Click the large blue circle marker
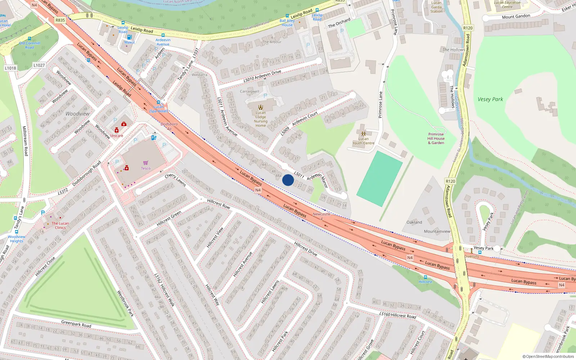[x=288, y=180]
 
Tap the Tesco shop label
[x=145, y=168]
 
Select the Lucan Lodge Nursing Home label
[x=261, y=119]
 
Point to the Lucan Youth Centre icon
[x=363, y=134]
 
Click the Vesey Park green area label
[x=490, y=99]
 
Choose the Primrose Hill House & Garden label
[x=436, y=139]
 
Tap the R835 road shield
[x=60, y=20]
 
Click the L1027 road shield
[x=39, y=65]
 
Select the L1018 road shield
[x=10, y=68]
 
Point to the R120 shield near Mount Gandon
[x=468, y=28]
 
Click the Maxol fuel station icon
[x=129, y=37]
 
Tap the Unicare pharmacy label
[x=116, y=136]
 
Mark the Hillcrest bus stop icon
[x=425, y=277]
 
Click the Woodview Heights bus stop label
[x=17, y=239]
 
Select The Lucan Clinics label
[x=60, y=225]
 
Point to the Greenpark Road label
[x=76, y=324]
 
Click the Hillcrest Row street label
[x=219, y=204]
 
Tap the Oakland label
[x=414, y=222]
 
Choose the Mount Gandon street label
[x=516, y=17]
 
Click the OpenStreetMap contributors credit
[x=548, y=357]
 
